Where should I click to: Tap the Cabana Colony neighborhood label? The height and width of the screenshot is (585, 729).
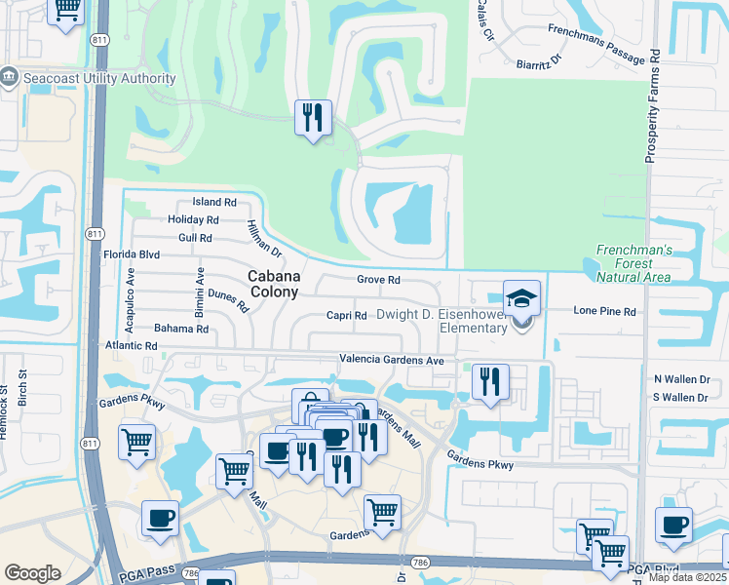pos(273,284)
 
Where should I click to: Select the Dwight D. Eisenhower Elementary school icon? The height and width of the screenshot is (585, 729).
pos(521,297)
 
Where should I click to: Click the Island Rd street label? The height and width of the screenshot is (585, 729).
pos(214,202)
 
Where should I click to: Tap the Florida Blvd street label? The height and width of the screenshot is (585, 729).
pos(131,254)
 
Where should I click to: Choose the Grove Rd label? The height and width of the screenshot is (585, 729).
pos(379,280)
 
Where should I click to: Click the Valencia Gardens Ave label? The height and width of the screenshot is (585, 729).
pos(392,360)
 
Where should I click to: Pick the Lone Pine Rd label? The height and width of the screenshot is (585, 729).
pos(604,312)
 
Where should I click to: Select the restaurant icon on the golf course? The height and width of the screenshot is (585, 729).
pos(314,118)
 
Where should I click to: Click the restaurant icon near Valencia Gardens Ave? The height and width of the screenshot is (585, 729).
pos(489,381)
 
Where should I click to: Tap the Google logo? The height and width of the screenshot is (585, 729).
pos(32,573)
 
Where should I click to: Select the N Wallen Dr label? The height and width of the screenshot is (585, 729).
pos(680,378)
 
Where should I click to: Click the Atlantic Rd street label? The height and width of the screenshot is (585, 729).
pos(132,346)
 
